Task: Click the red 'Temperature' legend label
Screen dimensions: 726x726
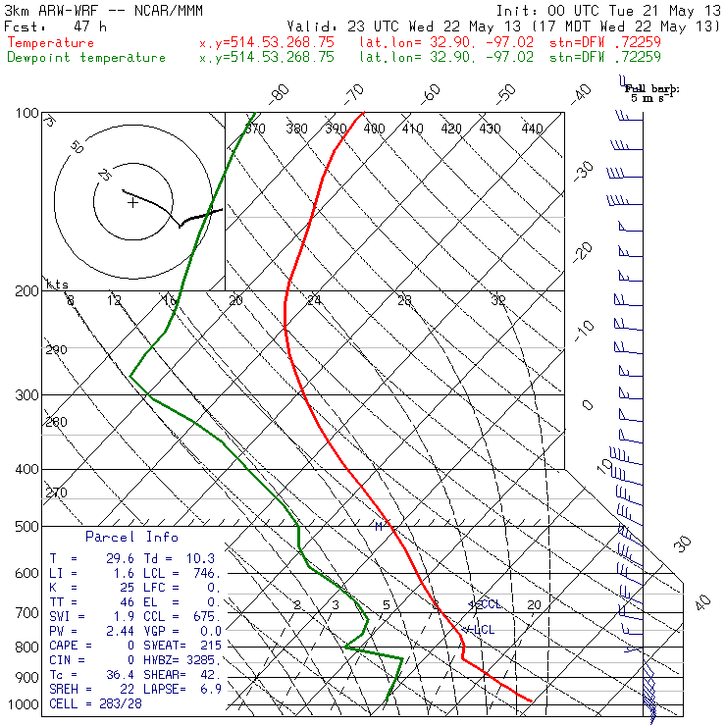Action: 51,43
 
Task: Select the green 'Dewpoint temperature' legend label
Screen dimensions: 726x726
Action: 86,58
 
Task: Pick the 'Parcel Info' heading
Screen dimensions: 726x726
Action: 131,537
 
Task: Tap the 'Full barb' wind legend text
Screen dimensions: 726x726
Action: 651,88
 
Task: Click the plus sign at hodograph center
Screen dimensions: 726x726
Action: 132,203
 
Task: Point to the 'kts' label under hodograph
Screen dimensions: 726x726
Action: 58,285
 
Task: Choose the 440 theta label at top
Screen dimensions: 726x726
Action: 532,129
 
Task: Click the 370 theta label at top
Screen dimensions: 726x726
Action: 254,129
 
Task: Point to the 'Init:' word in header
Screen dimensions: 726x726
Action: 516,9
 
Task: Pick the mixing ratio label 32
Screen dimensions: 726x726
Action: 498,300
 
